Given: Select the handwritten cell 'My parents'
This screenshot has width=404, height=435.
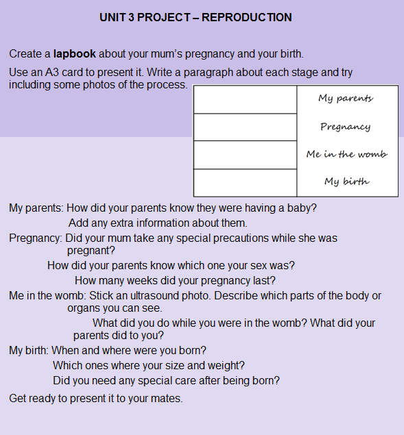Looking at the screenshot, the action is pos(346,99).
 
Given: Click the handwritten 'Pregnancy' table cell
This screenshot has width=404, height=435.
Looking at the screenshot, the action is pos(346,127).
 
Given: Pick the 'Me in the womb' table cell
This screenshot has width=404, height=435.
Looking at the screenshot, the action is pos(346,154).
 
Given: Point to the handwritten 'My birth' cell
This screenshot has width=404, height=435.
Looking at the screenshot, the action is pos(346,182).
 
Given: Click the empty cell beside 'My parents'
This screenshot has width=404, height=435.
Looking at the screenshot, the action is pos(245,99).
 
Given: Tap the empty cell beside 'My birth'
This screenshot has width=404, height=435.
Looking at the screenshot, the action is pos(245,182).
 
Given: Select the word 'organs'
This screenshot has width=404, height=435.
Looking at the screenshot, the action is pos(84,308).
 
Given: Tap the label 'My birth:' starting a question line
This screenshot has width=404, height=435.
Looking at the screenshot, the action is pos(29,350).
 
